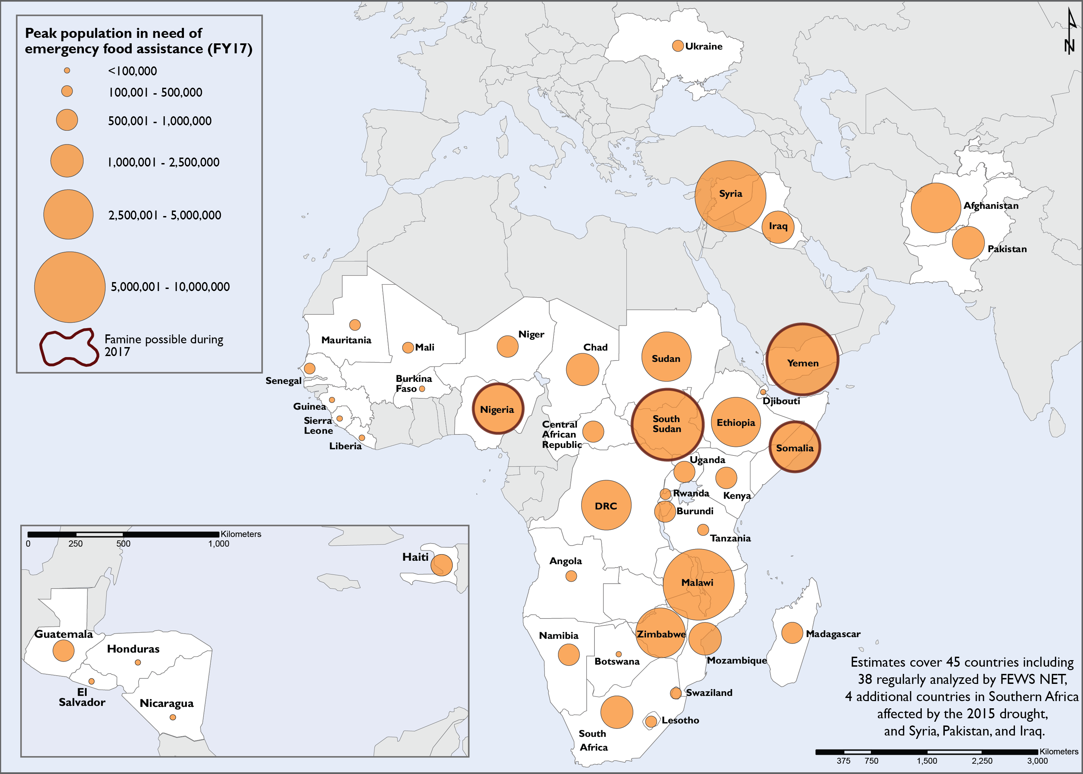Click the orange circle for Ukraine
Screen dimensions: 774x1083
click(x=678, y=46)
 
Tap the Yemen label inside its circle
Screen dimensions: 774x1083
click(x=802, y=363)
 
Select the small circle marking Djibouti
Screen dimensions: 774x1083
click(x=763, y=392)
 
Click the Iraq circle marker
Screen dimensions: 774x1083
click(x=778, y=227)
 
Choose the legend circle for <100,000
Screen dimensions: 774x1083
click(x=67, y=71)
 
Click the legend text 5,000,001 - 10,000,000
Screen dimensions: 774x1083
click(x=170, y=287)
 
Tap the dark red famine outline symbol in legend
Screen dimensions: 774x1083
click(x=68, y=347)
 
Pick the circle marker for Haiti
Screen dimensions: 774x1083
click(x=441, y=565)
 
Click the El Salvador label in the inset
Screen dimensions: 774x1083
click(x=82, y=697)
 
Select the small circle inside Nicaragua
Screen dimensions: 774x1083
click(x=173, y=717)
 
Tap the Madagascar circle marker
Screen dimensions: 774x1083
click(x=792, y=633)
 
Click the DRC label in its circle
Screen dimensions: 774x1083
click(x=606, y=506)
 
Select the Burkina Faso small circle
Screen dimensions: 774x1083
click(x=422, y=389)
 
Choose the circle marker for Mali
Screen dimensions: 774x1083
click(x=408, y=347)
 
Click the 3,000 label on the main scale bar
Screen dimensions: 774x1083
click(x=1037, y=761)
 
